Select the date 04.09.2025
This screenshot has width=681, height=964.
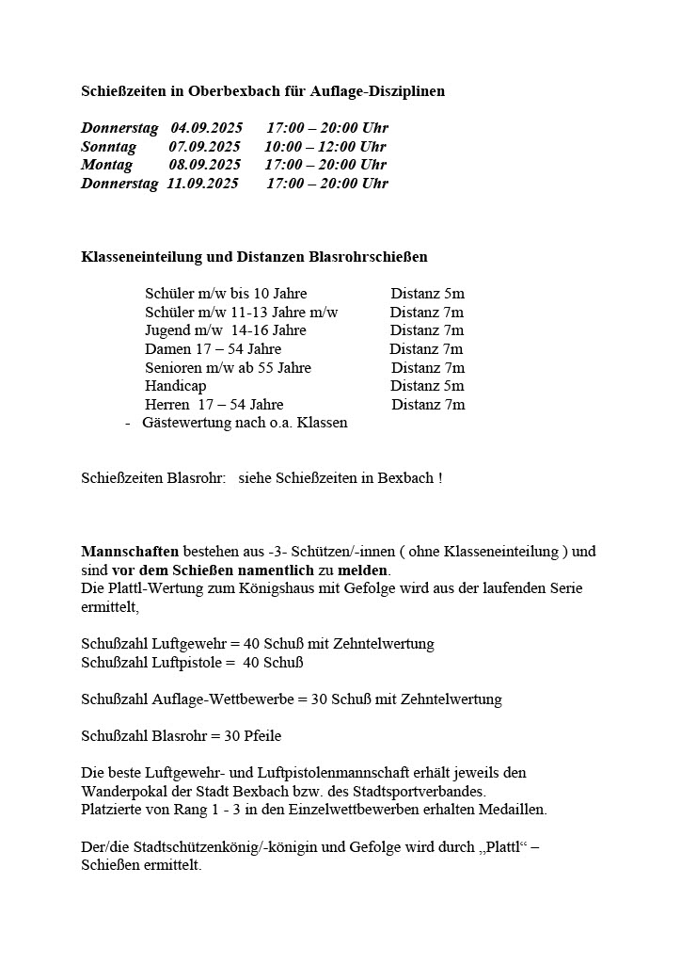(x=206, y=128)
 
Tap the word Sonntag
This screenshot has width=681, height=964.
(x=109, y=147)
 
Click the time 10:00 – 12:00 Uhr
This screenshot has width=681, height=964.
(x=325, y=147)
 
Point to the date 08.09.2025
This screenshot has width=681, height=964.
(x=205, y=165)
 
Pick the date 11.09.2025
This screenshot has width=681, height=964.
(x=203, y=184)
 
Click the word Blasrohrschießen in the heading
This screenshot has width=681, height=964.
(x=369, y=256)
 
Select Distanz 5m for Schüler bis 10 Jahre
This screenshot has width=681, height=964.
(x=427, y=294)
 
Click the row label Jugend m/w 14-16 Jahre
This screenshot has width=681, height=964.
(x=226, y=330)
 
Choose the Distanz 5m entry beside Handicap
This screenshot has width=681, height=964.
(x=427, y=386)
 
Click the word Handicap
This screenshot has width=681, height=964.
(x=176, y=386)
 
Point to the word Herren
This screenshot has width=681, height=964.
(x=167, y=405)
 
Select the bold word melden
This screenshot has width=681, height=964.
(x=363, y=570)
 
